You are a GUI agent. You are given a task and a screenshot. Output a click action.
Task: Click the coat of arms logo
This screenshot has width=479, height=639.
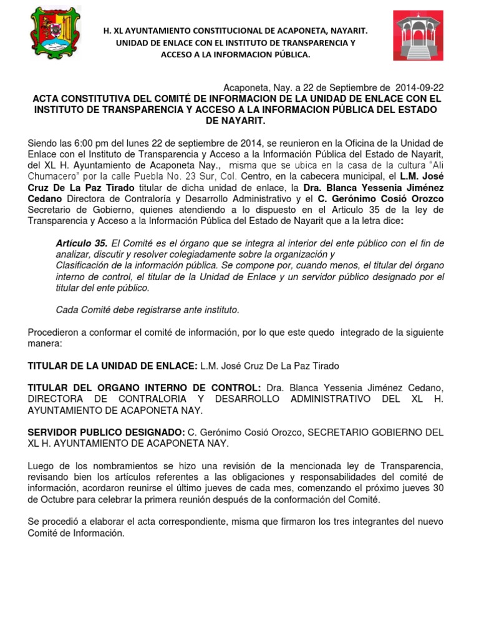click(x=56, y=33)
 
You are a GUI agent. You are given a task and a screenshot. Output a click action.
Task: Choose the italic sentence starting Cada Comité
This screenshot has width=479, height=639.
click(x=147, y=310)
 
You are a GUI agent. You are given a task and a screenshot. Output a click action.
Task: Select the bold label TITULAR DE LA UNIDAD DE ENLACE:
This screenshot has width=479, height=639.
click(x=113, y=366)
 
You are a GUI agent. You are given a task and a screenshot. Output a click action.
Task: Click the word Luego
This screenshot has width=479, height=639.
click(x=42, y=466)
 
